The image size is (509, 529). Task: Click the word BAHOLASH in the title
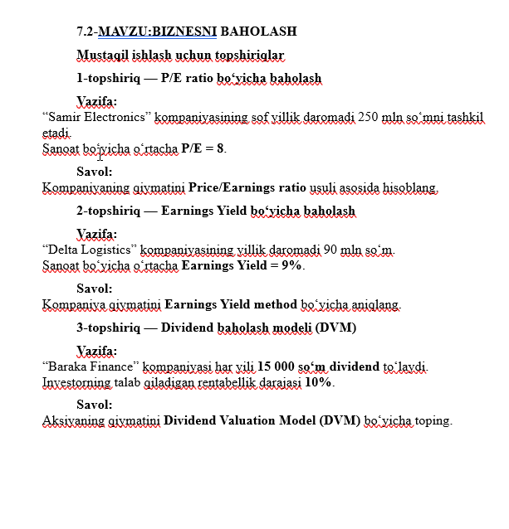pos(267,32)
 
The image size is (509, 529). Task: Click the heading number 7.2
pos(86,32)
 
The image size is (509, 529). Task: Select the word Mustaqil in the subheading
pos(100,56)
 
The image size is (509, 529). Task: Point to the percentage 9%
pos(291,265)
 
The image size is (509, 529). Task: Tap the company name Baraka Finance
pos(91,366)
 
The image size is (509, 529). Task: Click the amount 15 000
pos(276,366)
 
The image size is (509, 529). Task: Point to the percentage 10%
pos(319,382)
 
